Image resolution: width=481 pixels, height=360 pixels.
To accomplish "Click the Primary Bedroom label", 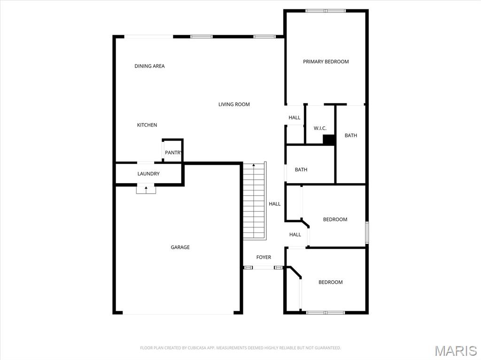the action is pos(326,61).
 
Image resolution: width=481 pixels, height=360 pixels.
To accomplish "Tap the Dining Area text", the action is pos(149,66).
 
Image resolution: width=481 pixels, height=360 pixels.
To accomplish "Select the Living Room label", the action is pos(234,104).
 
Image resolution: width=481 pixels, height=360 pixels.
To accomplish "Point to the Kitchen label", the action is pos(147,125).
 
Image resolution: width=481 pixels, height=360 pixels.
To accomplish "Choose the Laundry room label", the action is pos(148,174).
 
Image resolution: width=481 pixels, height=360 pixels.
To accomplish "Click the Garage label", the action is pos(180,247).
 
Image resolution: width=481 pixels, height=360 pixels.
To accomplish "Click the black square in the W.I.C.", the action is pos(329,139).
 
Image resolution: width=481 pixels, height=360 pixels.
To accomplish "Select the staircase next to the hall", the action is pos(254,202).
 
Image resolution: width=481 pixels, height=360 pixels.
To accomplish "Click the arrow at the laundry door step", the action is pos(146,189).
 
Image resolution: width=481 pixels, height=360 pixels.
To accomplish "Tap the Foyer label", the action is pos(264,257).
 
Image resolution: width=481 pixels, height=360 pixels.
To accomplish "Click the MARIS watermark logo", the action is pos(455,351).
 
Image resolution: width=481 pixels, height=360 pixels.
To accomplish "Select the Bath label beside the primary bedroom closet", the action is pos(351,135).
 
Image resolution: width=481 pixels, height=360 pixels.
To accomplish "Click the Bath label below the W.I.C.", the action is pos(301,169).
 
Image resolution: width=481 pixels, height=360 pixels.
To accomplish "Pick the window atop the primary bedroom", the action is pos(326,10).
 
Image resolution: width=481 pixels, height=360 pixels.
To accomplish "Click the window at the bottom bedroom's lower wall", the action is pos(325,312).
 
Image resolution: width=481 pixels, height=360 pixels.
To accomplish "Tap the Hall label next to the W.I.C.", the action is pos(295,117).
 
